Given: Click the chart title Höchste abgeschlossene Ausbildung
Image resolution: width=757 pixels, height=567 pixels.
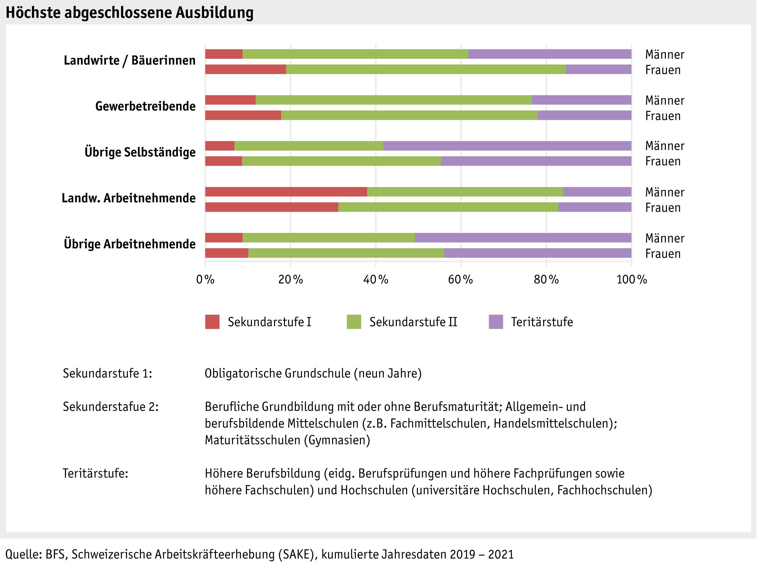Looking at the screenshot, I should click(x=129, y=13).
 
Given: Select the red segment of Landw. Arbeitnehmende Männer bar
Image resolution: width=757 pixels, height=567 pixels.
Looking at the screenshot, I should click(x=286, y=192).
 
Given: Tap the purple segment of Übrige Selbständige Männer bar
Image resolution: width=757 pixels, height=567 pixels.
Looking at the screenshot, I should click(x=507, y=146).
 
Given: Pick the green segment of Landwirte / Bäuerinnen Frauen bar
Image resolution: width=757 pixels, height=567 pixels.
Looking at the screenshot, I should click(x=426, y=69).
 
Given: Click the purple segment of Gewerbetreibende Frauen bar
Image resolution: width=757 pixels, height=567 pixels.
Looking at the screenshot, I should click(x=584, y=115).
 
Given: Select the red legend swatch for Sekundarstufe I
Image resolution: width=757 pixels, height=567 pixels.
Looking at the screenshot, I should click(x=212, y=322).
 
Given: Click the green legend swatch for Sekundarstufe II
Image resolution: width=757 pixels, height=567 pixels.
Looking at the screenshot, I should click(x=354, y=322).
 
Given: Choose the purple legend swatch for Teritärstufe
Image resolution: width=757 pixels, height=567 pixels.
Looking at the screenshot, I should click(x=496, y=322).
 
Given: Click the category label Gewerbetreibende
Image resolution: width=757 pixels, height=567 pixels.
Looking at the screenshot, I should click(x=145, y=106).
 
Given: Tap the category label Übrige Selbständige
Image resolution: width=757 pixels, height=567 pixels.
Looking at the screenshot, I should click(x=140, y=152).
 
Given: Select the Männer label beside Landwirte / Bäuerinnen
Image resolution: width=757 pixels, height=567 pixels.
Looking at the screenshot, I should click(x=665, y=55).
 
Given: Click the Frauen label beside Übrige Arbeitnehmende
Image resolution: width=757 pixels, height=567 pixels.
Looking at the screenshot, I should click(x=663, y=254).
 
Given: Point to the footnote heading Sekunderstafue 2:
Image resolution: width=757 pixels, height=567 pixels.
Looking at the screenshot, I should click(x=111, y=407).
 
